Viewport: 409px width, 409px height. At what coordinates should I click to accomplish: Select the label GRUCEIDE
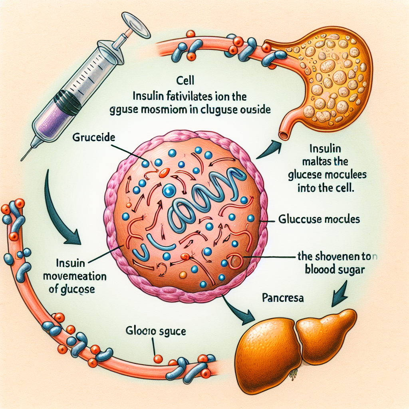coord(93,139)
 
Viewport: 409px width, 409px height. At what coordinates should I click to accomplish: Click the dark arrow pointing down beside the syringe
coord(64,216)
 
